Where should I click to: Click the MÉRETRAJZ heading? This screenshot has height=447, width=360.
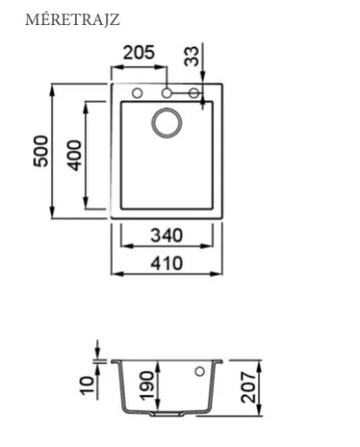pyautogui.click(x=72, y=20)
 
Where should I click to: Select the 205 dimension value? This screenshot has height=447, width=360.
pyautogui.click(x=139, y=53)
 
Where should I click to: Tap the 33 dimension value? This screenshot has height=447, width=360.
pyautogui.click(x=191, y=56)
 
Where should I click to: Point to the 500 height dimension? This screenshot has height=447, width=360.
pyautogui.click(x=40, y=151)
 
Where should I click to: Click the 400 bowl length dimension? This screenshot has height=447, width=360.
pyautogui.click(x=74, y=156)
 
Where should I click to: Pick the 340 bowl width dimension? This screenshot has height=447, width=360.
pyautogui.click(x=166, y=235)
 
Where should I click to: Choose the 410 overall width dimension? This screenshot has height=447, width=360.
pyautogui.click(x=166, y=264)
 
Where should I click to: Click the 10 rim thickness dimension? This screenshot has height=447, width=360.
pyautogui.click(x=87, y=385)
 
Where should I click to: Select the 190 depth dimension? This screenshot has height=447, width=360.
pyautogui.click(x=147, y=385)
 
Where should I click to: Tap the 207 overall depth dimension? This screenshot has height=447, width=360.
pyautogui.click(x=248, y=387)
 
